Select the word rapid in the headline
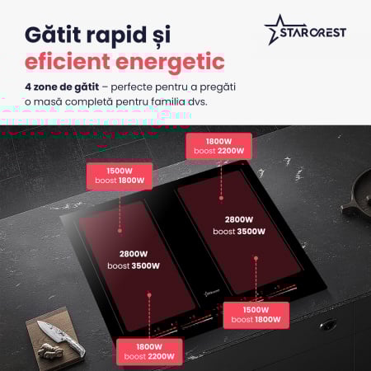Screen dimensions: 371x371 (132, 37)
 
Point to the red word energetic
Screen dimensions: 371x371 (174, 64)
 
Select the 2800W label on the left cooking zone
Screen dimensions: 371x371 (132, 254)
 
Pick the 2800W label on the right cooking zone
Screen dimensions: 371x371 (239, 219)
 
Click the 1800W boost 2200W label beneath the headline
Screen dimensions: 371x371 (218, 146)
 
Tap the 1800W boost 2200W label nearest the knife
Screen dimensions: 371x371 (149, 351)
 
